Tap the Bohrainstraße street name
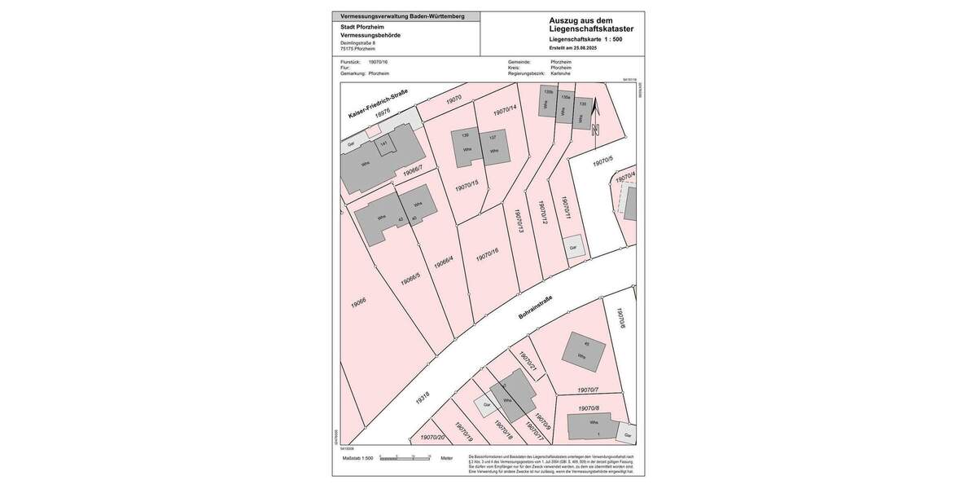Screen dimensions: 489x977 tap(535, 309)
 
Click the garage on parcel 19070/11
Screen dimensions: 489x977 tap(574, 248)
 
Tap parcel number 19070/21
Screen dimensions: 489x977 tap(528, 363)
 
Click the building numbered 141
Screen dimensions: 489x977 tap(384, 145)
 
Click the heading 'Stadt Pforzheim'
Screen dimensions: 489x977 tap(362, 27)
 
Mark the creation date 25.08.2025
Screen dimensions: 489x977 tap(592, 47)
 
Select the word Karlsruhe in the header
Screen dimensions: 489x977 tap(561, 73)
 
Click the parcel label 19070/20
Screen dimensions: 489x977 tap(432, 438)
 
